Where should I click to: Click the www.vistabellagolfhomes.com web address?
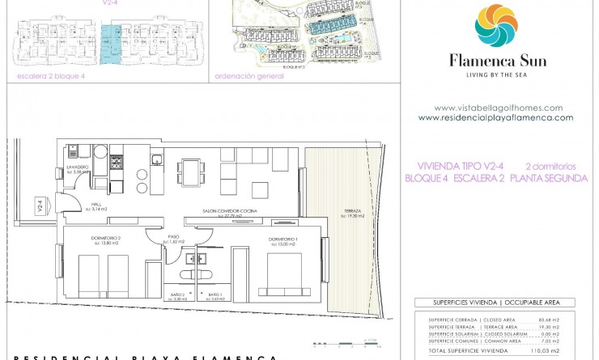[x=498, y=108]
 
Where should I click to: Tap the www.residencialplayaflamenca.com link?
[x=496, y=117]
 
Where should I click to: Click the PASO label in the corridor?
[x=173, y=237]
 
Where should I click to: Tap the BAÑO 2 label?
[x=179, y=294]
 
